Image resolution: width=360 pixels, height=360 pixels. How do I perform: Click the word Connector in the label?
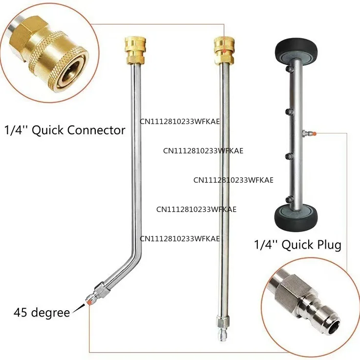96,130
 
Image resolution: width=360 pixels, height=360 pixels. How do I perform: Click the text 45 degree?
42,313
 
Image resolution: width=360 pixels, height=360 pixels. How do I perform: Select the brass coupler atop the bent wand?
135,50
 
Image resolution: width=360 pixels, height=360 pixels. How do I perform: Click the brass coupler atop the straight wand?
224,50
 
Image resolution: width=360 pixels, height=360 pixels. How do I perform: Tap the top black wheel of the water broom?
296,54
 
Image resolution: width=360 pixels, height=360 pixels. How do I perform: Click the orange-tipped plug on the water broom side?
309,133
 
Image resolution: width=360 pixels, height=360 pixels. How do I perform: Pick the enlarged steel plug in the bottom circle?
305,304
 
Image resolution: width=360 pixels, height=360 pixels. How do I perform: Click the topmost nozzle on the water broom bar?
288,69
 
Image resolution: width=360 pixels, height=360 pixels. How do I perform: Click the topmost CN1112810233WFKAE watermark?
180,121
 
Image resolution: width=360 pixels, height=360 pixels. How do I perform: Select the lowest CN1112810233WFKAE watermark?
180,238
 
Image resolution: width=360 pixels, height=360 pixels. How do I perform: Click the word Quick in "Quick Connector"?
47,130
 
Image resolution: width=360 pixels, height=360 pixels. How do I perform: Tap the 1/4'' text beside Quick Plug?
266,245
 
